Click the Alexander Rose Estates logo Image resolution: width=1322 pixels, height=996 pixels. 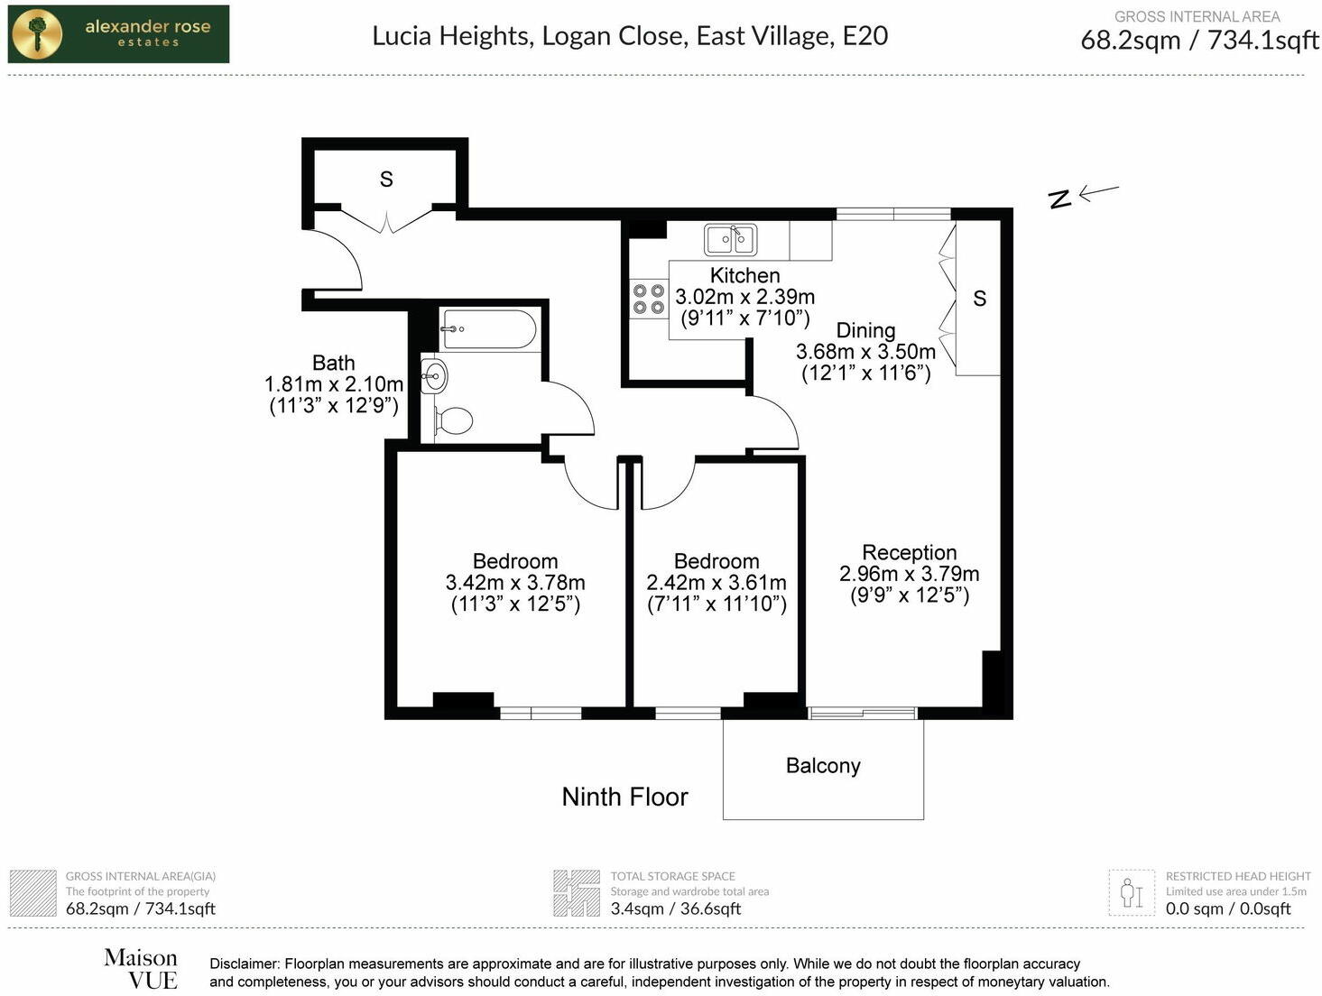pyautogui.click(x=118, y=34)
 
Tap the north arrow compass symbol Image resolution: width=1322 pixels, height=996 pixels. pyautogui.click(x=1083, y=195)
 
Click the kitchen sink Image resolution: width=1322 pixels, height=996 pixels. pyautogui.click(x=730, y=240)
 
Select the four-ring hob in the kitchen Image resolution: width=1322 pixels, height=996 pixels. pyautogui.click(x=648, y=299)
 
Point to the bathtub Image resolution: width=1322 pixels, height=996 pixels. pyautogui.click(x=489, y=329)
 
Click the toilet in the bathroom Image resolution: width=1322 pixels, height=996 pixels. pyautogui.click(x=454, y=420)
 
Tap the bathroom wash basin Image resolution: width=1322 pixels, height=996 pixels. pyautogui.click(x=434, y=375)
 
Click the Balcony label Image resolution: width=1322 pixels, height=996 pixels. pyautogui.click(x=823, y=766)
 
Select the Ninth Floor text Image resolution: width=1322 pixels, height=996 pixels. pyautogui.click(x=624, y=797)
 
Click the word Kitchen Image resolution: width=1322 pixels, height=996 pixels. pyautogui.click(x=744, y=275)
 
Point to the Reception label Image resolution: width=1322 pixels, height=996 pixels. pyautogui.click(x=909, y=552)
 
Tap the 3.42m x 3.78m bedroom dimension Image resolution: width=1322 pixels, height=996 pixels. pyautogui.click(x=515, y=583)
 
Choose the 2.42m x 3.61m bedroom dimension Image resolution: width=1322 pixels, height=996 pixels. pyautogui.click(x=716, y=583)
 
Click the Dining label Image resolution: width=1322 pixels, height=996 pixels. pyautogui.click(x=865, y=330)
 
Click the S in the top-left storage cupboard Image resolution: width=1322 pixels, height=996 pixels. pyautogui.click(x=386, y=180)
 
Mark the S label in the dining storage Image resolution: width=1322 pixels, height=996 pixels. pyautogui.click(x=980, y=299)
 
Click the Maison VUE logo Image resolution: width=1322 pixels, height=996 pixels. pyautogui.click(x=141, y=969)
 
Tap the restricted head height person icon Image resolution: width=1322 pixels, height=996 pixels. pyautogui.click(x=1131, y=892)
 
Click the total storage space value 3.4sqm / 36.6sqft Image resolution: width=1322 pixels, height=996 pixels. pyautogui.click(x=675, y=908)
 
